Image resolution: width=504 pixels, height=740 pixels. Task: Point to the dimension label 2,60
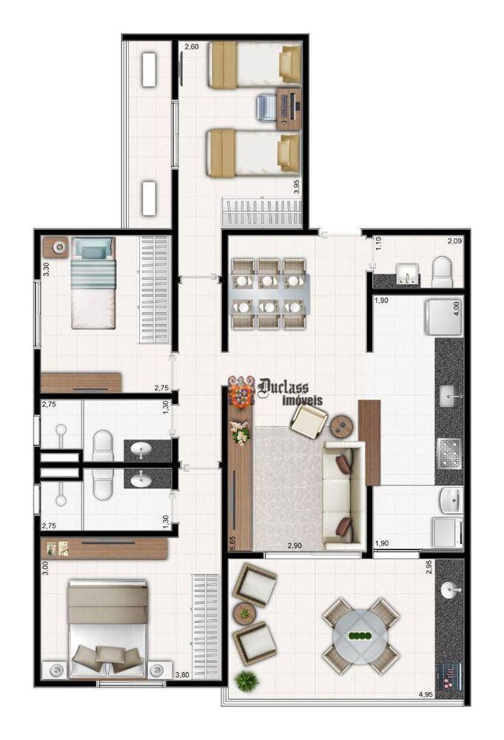pos(192,46)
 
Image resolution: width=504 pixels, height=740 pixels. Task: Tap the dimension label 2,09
pos(455,241)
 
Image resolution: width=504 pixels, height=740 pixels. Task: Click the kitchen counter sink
pos(448,395)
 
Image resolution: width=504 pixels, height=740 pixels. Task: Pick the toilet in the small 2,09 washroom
pos(442,273)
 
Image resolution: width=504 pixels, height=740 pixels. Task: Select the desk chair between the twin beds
pos(266,107)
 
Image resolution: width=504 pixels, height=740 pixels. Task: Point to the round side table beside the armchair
pos(342,427)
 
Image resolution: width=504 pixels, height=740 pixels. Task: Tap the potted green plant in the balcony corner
pos(246,682)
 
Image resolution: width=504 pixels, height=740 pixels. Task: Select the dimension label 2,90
pos(295,545)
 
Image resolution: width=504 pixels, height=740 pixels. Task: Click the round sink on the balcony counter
pos(448,590)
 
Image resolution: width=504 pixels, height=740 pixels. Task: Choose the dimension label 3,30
pos(46,269)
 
